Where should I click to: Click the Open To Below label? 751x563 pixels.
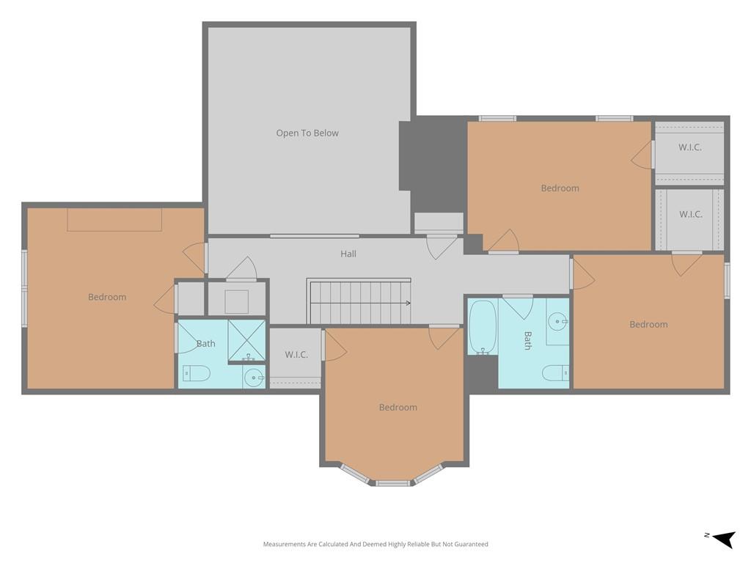tap(307, 133)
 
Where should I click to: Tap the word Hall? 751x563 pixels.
tap(348, 254)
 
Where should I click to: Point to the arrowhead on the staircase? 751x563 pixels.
tap(408, 303)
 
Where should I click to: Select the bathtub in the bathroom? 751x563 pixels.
tap(483, 327)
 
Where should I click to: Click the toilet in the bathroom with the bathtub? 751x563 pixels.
tap(556, 372)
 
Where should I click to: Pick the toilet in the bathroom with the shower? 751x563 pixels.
tap(197, 373)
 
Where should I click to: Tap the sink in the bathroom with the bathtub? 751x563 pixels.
tap(558, 322)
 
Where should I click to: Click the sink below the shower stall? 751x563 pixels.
tap(254, 378)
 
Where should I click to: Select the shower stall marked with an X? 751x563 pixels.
tap(246, 340)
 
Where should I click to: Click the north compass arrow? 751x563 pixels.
tap(724, 538)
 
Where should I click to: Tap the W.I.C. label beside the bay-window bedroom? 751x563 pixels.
tap(296, 355)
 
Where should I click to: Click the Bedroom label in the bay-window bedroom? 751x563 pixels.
tap(398, 408)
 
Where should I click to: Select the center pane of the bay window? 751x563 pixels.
tap(393, 483)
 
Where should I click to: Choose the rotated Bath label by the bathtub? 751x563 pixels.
tap(528, 340)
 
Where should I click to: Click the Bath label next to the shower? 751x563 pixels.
tap(206, 343)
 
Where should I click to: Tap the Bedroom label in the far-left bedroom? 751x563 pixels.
tap(107, 297)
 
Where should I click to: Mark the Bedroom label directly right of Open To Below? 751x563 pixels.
tap(560, 188)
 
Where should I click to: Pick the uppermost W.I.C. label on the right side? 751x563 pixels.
tap(690, 147)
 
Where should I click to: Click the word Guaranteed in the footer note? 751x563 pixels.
tap(472, 544)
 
